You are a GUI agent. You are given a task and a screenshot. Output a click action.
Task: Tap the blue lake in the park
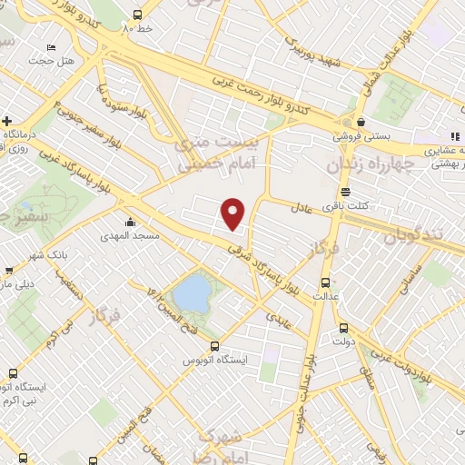192,293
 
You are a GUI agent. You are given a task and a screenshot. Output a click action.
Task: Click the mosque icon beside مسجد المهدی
131,222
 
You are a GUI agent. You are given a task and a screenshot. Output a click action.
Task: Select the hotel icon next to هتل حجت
51,47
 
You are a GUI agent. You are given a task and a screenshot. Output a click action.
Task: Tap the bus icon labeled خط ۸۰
137,15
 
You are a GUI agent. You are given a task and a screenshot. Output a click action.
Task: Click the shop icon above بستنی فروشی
361,122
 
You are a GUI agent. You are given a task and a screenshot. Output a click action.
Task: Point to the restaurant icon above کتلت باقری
344,192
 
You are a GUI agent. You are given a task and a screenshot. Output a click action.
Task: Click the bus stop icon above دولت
343,328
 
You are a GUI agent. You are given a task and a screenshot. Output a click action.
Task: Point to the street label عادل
302,207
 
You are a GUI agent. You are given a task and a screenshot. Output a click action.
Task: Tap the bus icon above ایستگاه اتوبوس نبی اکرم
13,373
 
